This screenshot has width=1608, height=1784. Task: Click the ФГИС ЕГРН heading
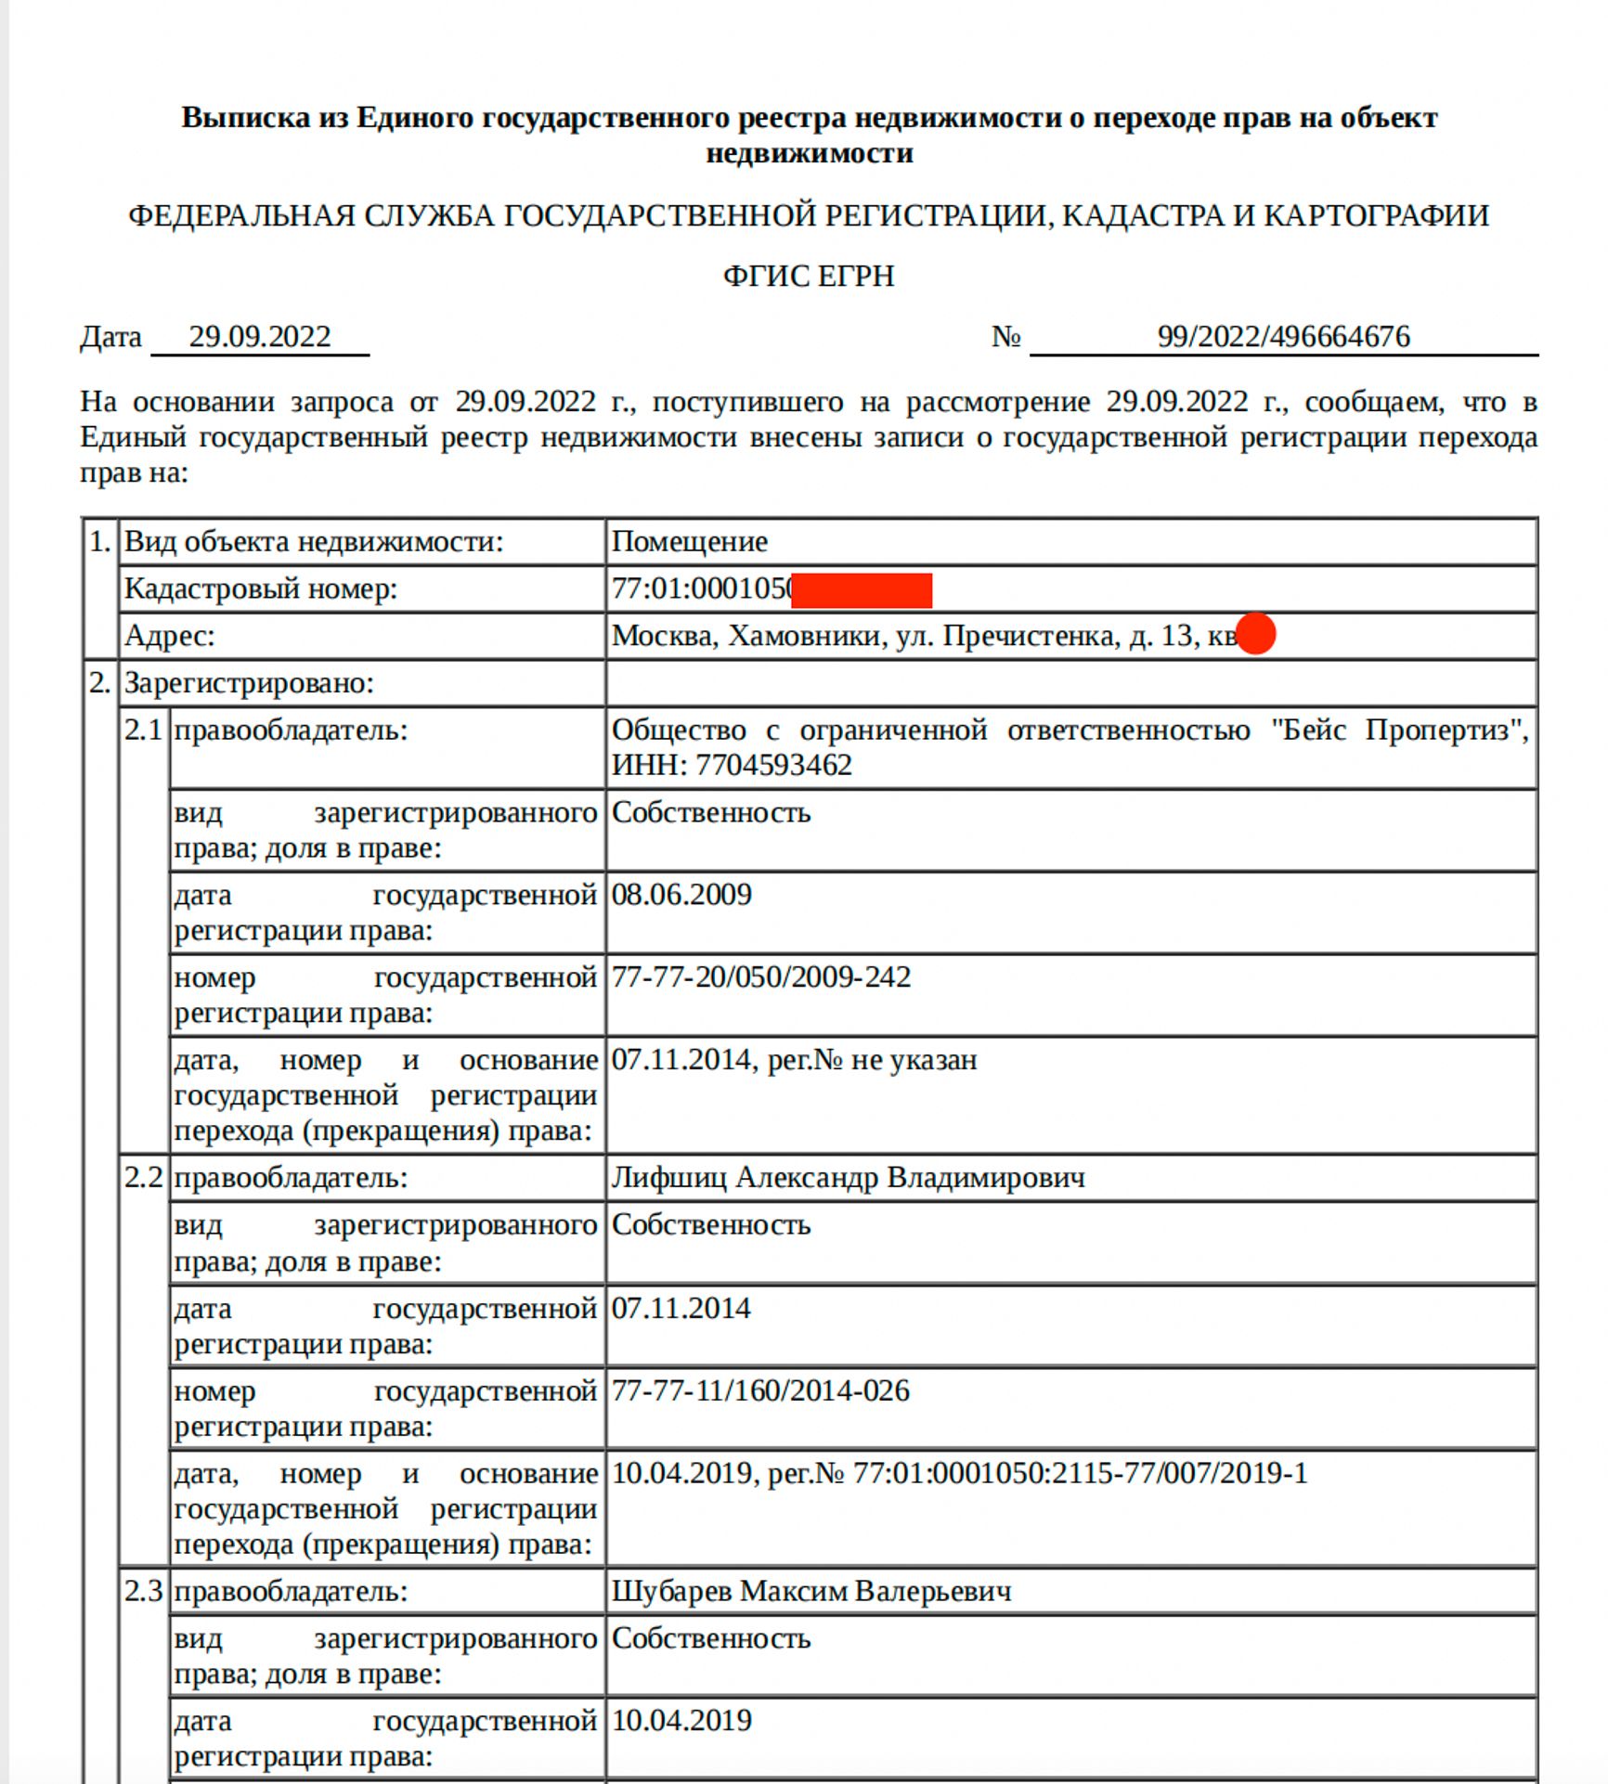point(808,277)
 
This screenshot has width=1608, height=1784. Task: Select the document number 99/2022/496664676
point(1283,336)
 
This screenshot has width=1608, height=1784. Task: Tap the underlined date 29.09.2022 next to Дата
point(260,336)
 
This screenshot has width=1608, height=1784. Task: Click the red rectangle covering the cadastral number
point(862,590)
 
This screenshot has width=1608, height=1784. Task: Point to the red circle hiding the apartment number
point(1256,634)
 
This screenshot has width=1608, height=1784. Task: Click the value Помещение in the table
point(689,541)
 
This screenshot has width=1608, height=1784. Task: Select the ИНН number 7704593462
point(773,765)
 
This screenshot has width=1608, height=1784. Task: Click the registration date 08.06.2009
point(681,895)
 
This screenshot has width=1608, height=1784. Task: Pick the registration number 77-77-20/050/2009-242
point(760,976)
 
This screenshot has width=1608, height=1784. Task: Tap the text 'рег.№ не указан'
point(872,1059)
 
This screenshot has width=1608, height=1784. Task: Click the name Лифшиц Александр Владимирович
point(848,1178)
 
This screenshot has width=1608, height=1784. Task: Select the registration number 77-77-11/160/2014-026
point(759,1390)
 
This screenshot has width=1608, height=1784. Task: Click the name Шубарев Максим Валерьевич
point(810,1591)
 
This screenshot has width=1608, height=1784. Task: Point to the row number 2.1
point(143,730)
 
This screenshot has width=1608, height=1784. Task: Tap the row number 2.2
point(143,1178)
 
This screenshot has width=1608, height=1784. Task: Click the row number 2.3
point(143,1591)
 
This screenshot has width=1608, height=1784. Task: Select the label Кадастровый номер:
point(261,588)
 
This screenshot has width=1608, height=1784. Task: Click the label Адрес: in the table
point(170,636)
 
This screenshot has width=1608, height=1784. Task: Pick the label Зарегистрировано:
point(249,683)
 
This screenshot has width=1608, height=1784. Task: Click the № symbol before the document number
point(1006,336)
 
